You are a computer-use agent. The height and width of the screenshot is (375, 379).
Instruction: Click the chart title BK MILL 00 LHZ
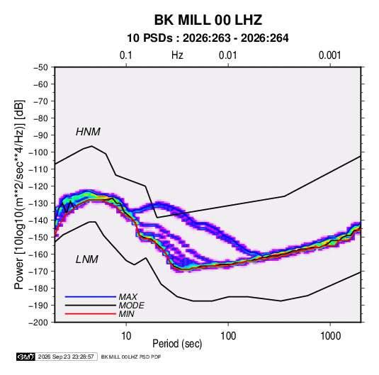208,20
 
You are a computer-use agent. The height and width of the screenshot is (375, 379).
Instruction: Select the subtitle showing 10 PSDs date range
208,38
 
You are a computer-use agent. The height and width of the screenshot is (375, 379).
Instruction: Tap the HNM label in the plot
88,132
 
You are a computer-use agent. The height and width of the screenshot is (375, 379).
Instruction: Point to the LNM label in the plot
87,259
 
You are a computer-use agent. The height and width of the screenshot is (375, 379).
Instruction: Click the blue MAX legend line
91,296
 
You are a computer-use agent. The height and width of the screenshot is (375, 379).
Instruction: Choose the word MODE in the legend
132,306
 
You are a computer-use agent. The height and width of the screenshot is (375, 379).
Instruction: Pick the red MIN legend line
91,314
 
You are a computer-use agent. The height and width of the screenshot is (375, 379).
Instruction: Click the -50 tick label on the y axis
40,67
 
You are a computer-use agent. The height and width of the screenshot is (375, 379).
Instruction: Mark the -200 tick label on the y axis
38,323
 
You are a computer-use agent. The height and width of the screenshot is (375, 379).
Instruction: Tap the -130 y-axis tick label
38,203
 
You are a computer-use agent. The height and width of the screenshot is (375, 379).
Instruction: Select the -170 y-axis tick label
38,272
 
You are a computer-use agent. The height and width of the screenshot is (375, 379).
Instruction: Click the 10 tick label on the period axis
126,336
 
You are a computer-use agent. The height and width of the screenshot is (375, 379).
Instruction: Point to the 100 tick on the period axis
228,336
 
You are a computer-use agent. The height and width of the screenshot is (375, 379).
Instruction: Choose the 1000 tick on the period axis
330,336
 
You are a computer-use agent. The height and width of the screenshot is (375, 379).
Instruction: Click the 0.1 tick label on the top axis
126,55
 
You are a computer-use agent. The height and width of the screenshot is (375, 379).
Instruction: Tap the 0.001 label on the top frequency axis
329,55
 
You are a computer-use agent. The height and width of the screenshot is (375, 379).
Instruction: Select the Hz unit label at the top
177,55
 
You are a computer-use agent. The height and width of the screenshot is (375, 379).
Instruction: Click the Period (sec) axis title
177,344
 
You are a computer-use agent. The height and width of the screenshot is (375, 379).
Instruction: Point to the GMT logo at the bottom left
26,357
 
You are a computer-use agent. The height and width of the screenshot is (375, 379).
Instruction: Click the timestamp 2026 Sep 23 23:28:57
66,357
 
